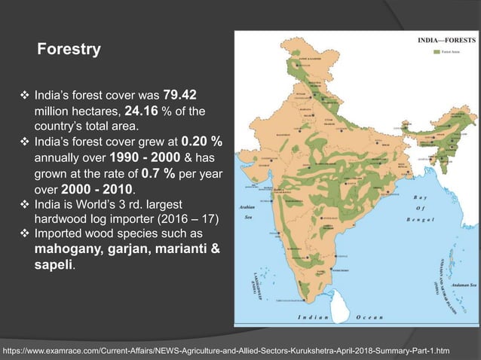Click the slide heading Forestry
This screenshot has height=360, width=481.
pos(69,50)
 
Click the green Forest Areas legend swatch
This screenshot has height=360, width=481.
pos(436,52)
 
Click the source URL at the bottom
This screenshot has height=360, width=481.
pos(226,350)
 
